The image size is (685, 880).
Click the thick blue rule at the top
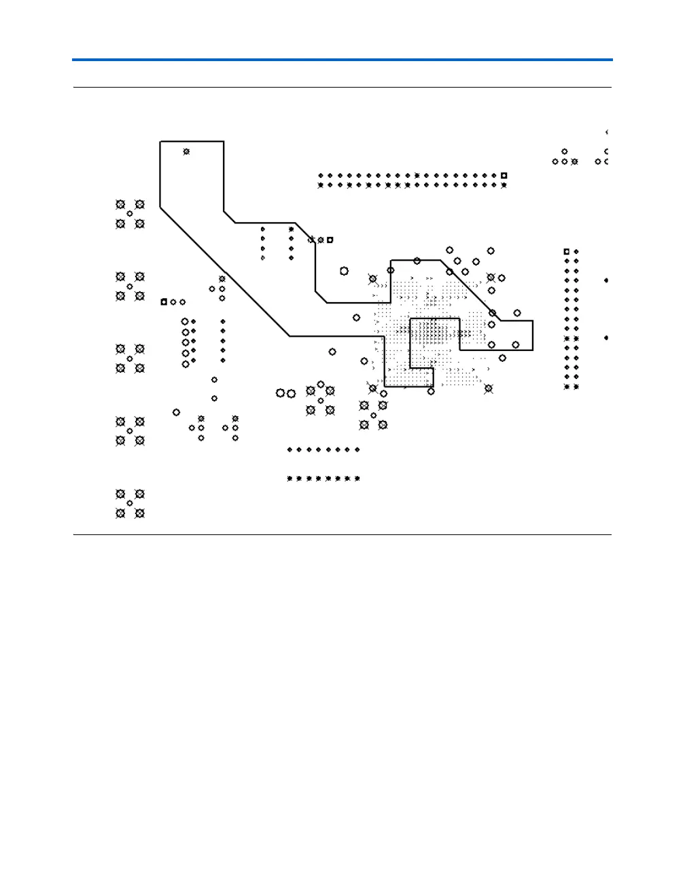click(x=342, y=60)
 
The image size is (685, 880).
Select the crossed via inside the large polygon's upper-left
click(x=186, y=151)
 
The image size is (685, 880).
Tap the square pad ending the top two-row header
click(x=504, y=175)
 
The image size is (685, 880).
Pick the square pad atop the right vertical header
click(x=567, y=252)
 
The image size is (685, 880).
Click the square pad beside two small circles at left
click(x=164, y=301)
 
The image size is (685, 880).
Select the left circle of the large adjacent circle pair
click(x=280, y=393)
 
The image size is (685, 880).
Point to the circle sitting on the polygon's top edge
click(x=417, y=261)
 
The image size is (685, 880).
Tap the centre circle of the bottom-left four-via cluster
click(x=130, y=503)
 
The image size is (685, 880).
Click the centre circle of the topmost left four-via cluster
click(x=130, y=214)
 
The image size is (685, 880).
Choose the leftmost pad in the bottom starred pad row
click(x=289, y=479)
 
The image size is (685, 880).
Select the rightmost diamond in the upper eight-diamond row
click(x=357, y=450)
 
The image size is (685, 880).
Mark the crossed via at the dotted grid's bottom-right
click(x=488, y=388)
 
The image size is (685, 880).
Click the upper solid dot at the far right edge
click(x=606, y=280)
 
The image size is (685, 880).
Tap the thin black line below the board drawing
click(x=342, y=535)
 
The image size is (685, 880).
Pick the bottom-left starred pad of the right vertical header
click(x=567, y=387)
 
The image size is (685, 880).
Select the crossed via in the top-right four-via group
click(x=575, y=162)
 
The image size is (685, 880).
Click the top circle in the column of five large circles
click(x=185, y=321)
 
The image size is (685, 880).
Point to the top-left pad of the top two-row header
click(x=321, y=175)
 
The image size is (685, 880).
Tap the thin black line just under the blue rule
click(x=342, y=88)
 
